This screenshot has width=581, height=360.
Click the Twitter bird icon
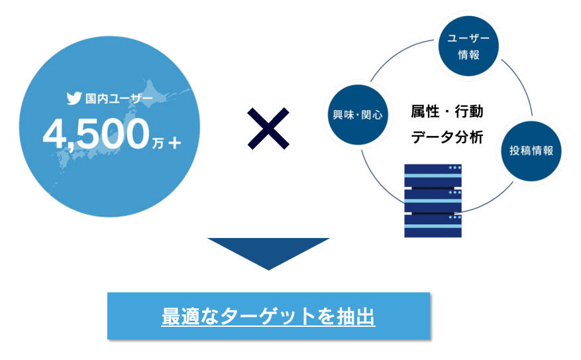click(74, 99)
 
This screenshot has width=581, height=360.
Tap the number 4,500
click(95, 135)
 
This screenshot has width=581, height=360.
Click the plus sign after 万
click(174, 141)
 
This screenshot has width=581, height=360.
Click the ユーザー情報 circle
click(468, 46)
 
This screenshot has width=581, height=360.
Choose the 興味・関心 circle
click(358, 114)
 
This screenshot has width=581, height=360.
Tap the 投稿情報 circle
click(531, 150)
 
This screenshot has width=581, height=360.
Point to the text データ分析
click(447, 138)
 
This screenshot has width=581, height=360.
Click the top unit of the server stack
click(433, 174)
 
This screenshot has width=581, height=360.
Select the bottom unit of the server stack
click(433, 225)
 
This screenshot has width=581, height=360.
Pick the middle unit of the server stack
click(433, 198)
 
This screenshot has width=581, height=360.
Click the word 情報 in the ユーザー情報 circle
click(468, 55)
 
